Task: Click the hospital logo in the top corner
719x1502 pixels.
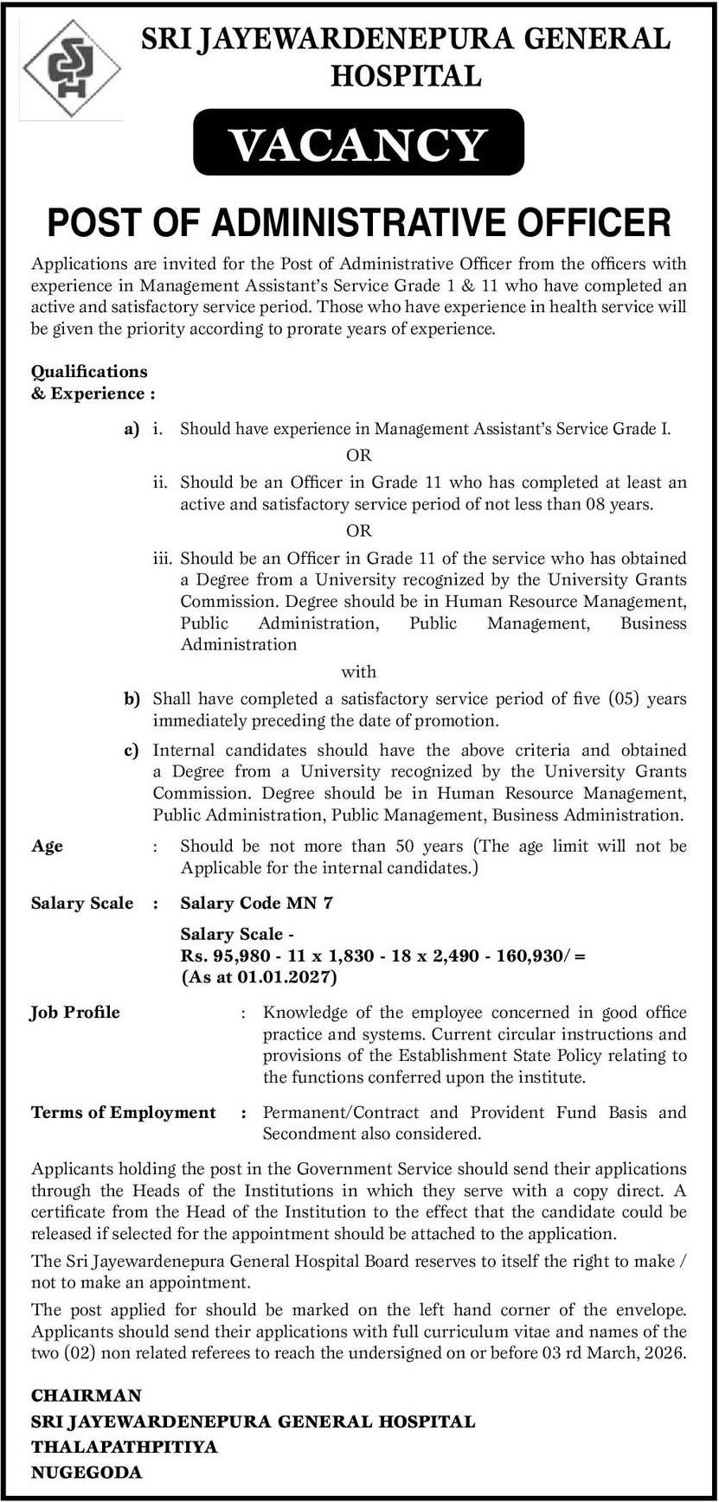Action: (71, 70)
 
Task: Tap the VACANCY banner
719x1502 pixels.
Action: (359, 144)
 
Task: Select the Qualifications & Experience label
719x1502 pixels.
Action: (93, 382)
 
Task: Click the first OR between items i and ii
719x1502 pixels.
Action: (358, 455)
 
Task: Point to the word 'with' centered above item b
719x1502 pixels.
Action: (358, 672)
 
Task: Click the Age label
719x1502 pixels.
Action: (48, 846)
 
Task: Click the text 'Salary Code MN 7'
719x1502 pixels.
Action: (256, 903)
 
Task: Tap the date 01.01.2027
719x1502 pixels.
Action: (285, 978)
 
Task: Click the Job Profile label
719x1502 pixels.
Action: (75, 1012)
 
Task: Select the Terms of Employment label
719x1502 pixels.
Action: (123, 1112)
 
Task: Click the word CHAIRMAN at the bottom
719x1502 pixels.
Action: (86, 1396)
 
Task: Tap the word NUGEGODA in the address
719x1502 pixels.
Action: (87, 1473)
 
